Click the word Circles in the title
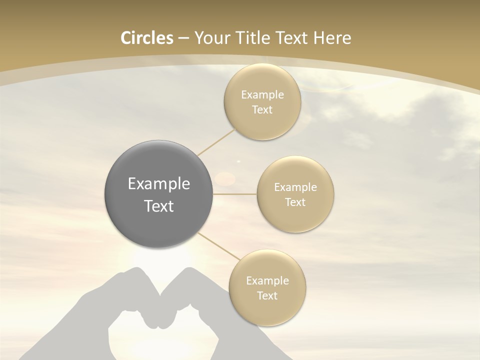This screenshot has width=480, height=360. click(x=146, y=38)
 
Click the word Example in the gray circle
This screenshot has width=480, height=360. click(x=159, y=184)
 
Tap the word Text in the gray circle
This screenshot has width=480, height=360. click(x=159, y=206)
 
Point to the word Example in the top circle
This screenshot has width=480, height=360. click(x=262, y=95)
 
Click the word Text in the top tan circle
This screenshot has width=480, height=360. click(x=262, y=110)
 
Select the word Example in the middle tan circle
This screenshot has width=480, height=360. click(x=295, y=187)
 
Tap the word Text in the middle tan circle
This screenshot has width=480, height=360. click(x=295, y=202)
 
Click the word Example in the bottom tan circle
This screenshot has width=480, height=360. click(x=267, y=281)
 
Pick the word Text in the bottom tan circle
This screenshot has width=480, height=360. click(x=267, y=296)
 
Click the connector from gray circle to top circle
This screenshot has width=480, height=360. click(x=216, y=141)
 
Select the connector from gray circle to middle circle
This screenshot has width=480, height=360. click(x=235, y=194)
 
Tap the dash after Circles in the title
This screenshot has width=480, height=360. click(x=183, y=38)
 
